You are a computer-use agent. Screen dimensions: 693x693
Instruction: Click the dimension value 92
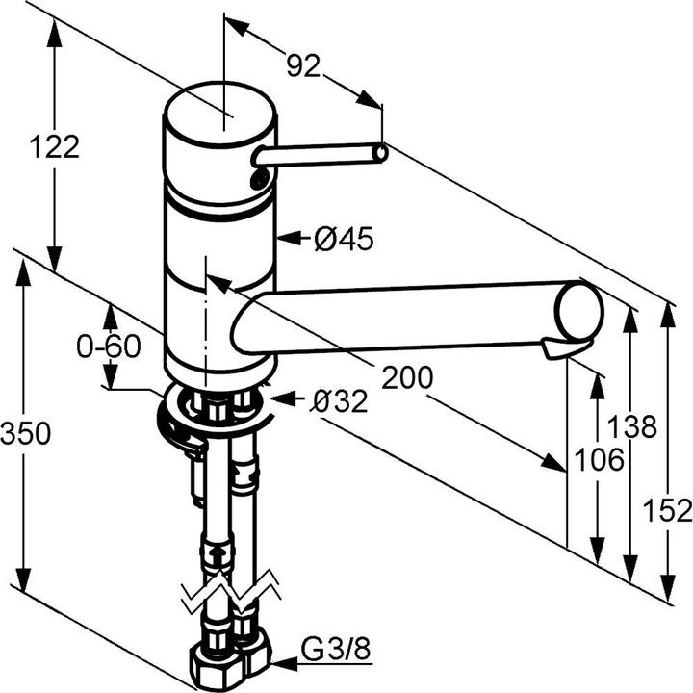point(302,65)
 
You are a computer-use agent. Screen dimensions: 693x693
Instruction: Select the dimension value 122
point(54,147)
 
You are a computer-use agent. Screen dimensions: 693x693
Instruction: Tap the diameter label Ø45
point(344,238)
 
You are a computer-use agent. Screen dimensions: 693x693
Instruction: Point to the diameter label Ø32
point(338,401)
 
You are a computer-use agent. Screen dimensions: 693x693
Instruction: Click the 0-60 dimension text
point(109,346)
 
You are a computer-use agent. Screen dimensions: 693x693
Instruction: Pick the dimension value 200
point(406,378)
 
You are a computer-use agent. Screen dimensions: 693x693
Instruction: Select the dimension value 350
point(25,434)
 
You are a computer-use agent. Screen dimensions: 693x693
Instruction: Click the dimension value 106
point(599,461)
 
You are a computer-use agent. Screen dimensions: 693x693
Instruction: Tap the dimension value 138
point(631,426)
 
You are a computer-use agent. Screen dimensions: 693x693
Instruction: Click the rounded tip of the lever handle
point(381,152)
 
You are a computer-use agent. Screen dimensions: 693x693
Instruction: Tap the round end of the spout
point(582,312)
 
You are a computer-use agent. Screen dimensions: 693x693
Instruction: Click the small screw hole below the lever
point(259,178)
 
